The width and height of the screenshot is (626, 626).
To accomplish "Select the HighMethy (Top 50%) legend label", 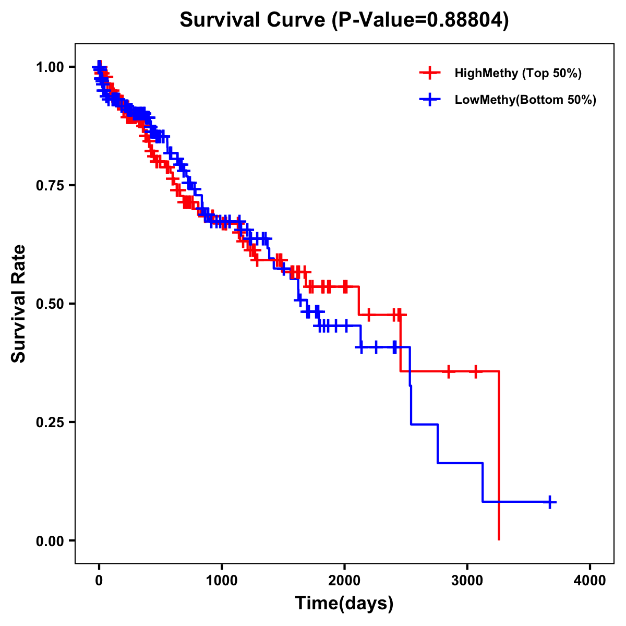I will point(517,73).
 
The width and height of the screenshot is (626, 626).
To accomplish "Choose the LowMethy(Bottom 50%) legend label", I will point(525,100).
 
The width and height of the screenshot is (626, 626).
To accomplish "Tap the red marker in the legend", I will point(429,73).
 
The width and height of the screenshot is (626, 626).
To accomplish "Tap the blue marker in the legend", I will point(429,100).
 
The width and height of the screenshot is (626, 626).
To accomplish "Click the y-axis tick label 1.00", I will point(50,67).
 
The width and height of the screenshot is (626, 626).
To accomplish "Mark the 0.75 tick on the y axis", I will point(50,185).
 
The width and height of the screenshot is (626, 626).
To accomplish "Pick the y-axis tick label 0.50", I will point(50,304).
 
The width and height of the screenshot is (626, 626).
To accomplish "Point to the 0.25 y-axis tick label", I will point(50,422).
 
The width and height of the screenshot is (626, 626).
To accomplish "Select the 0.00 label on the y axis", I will point(50,540).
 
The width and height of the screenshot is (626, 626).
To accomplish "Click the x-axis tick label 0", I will point(99,581).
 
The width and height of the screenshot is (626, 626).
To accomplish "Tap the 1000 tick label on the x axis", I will point(222,581).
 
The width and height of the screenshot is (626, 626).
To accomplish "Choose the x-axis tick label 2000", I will point(344,581).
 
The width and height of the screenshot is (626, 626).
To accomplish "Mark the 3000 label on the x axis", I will point(467,581).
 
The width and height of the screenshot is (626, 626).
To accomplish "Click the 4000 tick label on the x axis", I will point(590,581).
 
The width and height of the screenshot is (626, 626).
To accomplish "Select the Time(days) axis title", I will point(344,604).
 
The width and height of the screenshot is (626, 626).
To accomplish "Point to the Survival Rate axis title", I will point(19,304).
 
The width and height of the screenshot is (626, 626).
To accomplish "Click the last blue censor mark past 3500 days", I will point(549,502).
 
